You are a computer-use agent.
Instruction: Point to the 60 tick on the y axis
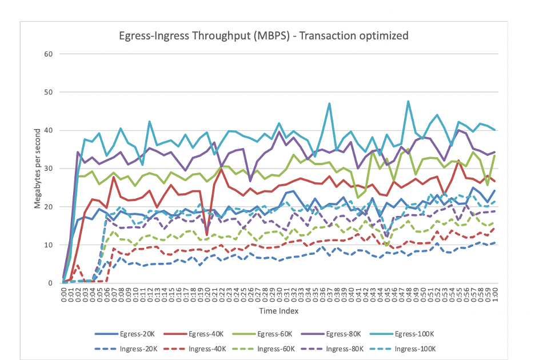point(48,54)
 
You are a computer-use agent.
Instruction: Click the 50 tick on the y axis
point(48,93)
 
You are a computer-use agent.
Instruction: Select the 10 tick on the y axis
point(48,245)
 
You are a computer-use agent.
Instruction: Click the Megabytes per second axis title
point(37,169)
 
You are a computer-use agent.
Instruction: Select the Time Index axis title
point(278,311)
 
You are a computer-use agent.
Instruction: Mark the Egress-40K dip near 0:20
point(206,234)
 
